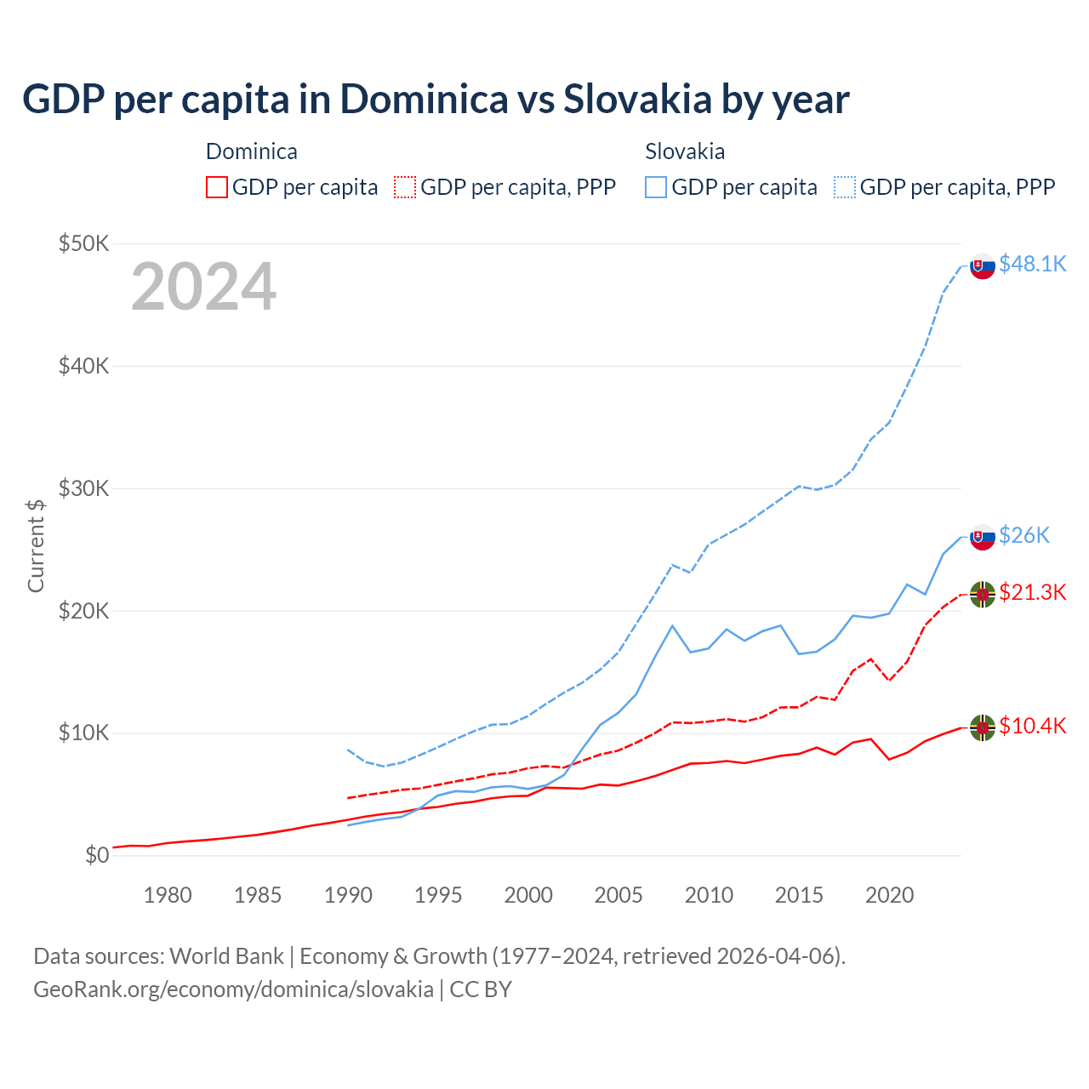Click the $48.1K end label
pos(1032,265)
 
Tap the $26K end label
pos(1024,535)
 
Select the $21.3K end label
pos(1032,592)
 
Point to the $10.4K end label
pos(1032,726)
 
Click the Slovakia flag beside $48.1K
pos(983,266)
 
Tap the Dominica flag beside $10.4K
pos(983,728)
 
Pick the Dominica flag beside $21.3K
pos(983,595)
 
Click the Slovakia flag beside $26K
pos(983,537)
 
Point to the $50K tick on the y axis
pos(84,244)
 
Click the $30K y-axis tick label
pos(84,488)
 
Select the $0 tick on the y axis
pos(97,855)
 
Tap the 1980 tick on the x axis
pos(168,895)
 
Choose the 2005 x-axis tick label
pos(619,895)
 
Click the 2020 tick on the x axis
pos(889,895)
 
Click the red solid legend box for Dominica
pos(217,187)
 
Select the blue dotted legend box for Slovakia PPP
pos(845,187)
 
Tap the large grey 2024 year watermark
pos(203,288)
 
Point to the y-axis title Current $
pos(36,545)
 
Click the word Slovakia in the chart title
pos(637,100)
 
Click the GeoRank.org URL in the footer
pos(233,989)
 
